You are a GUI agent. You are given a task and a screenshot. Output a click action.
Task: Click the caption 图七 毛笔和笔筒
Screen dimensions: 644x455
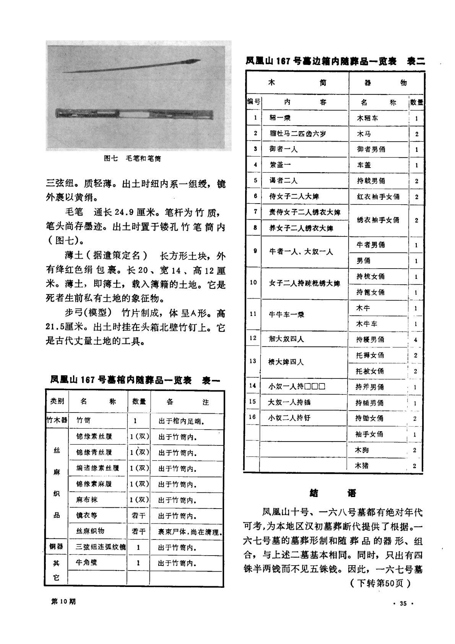[x=133, y=158]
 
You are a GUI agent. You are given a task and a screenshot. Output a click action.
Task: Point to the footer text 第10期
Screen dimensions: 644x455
[x=63, y=601]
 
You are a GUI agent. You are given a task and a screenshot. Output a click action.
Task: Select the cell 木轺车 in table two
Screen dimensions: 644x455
[x=368, y=118]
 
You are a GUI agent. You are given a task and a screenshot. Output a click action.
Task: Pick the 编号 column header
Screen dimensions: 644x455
[x=253, y=102]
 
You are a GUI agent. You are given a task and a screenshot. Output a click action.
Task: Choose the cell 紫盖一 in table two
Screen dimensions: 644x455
[x=280, y=165]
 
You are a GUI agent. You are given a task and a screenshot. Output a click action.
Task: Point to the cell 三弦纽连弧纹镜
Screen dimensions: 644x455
[x=101, y=547]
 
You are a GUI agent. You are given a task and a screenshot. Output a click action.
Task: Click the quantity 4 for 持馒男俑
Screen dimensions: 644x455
[x=416, y=339]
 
